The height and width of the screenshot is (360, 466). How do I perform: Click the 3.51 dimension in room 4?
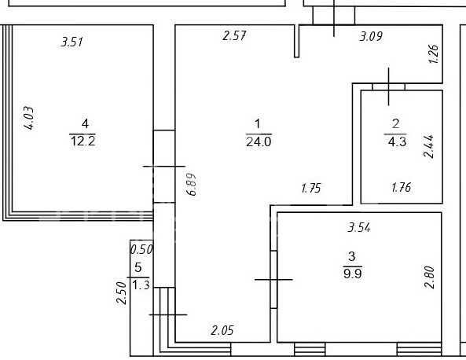72,42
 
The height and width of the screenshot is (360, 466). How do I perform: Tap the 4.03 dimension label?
29,118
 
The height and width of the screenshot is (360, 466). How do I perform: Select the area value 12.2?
83,141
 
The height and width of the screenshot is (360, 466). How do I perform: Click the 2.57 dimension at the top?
234,35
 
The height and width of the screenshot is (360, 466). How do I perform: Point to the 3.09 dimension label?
371,36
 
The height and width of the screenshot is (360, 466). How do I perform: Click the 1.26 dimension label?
433,53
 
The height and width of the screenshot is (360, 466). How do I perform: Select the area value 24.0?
259,141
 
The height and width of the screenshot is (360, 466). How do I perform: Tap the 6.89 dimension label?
192,184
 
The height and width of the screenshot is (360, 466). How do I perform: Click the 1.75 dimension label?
311,188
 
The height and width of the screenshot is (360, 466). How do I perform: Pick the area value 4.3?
397,141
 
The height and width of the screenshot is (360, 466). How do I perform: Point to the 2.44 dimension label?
428,146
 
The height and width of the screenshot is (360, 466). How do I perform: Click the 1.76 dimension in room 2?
402,188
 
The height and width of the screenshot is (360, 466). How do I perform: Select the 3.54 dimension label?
359,228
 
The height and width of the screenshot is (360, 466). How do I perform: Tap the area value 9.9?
353,274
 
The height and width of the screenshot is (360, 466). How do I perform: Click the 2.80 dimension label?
430,277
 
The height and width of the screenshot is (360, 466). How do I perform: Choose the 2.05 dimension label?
222,330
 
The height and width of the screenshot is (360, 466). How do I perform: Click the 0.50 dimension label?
141,249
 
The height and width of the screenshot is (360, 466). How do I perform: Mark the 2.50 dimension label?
122,293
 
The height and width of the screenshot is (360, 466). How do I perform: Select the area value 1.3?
141,285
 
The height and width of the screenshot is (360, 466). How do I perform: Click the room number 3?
351,256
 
